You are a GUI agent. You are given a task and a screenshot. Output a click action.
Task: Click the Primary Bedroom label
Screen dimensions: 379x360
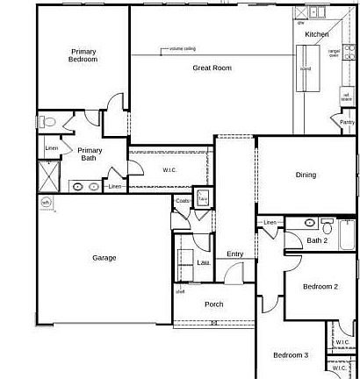[83, 55]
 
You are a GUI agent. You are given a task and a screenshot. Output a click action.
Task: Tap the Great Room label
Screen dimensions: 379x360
[212, 68]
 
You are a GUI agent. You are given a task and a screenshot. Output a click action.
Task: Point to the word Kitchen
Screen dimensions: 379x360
[316, 34]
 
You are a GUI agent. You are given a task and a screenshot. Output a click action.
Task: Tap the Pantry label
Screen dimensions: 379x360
[348, 122]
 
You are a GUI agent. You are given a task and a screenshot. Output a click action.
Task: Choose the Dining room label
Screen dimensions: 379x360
[305, 175]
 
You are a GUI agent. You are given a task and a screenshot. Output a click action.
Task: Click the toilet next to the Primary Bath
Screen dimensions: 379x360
[48, 122]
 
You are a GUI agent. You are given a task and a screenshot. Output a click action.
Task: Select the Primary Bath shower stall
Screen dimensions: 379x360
[50, 176]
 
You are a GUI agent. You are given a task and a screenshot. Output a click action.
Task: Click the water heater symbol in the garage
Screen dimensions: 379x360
[47, 203]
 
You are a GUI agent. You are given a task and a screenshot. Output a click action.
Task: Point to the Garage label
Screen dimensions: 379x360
[104, 258]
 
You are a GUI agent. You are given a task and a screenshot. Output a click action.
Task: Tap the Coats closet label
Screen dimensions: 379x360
[183, 201]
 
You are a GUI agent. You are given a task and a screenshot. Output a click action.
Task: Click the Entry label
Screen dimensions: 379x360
[234, 254]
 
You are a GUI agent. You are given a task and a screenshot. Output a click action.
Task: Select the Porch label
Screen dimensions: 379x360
[213, 304]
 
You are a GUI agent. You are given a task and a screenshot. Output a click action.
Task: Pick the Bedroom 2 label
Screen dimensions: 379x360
[320, 287]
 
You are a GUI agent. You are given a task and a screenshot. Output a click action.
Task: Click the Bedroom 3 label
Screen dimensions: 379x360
[290, 355]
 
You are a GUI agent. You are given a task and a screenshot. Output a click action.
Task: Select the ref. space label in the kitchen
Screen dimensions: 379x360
[347, 97]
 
